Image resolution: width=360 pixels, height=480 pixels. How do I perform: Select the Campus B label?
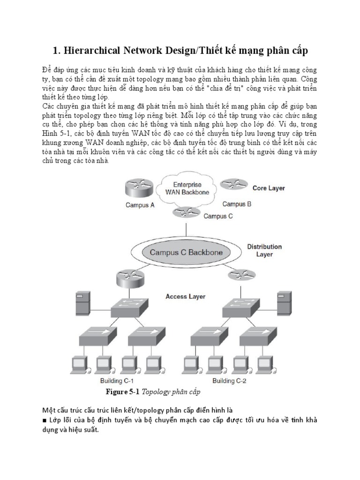pyautogui.click(x=237, y=204)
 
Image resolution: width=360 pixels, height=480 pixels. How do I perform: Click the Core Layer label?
pyautogui.click(x=269, y=188)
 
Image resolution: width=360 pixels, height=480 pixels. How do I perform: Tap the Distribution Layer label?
pyautogui.click(x=264, y=250)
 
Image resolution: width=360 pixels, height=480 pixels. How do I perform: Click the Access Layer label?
pyautogui.click(x=185, y=296)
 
